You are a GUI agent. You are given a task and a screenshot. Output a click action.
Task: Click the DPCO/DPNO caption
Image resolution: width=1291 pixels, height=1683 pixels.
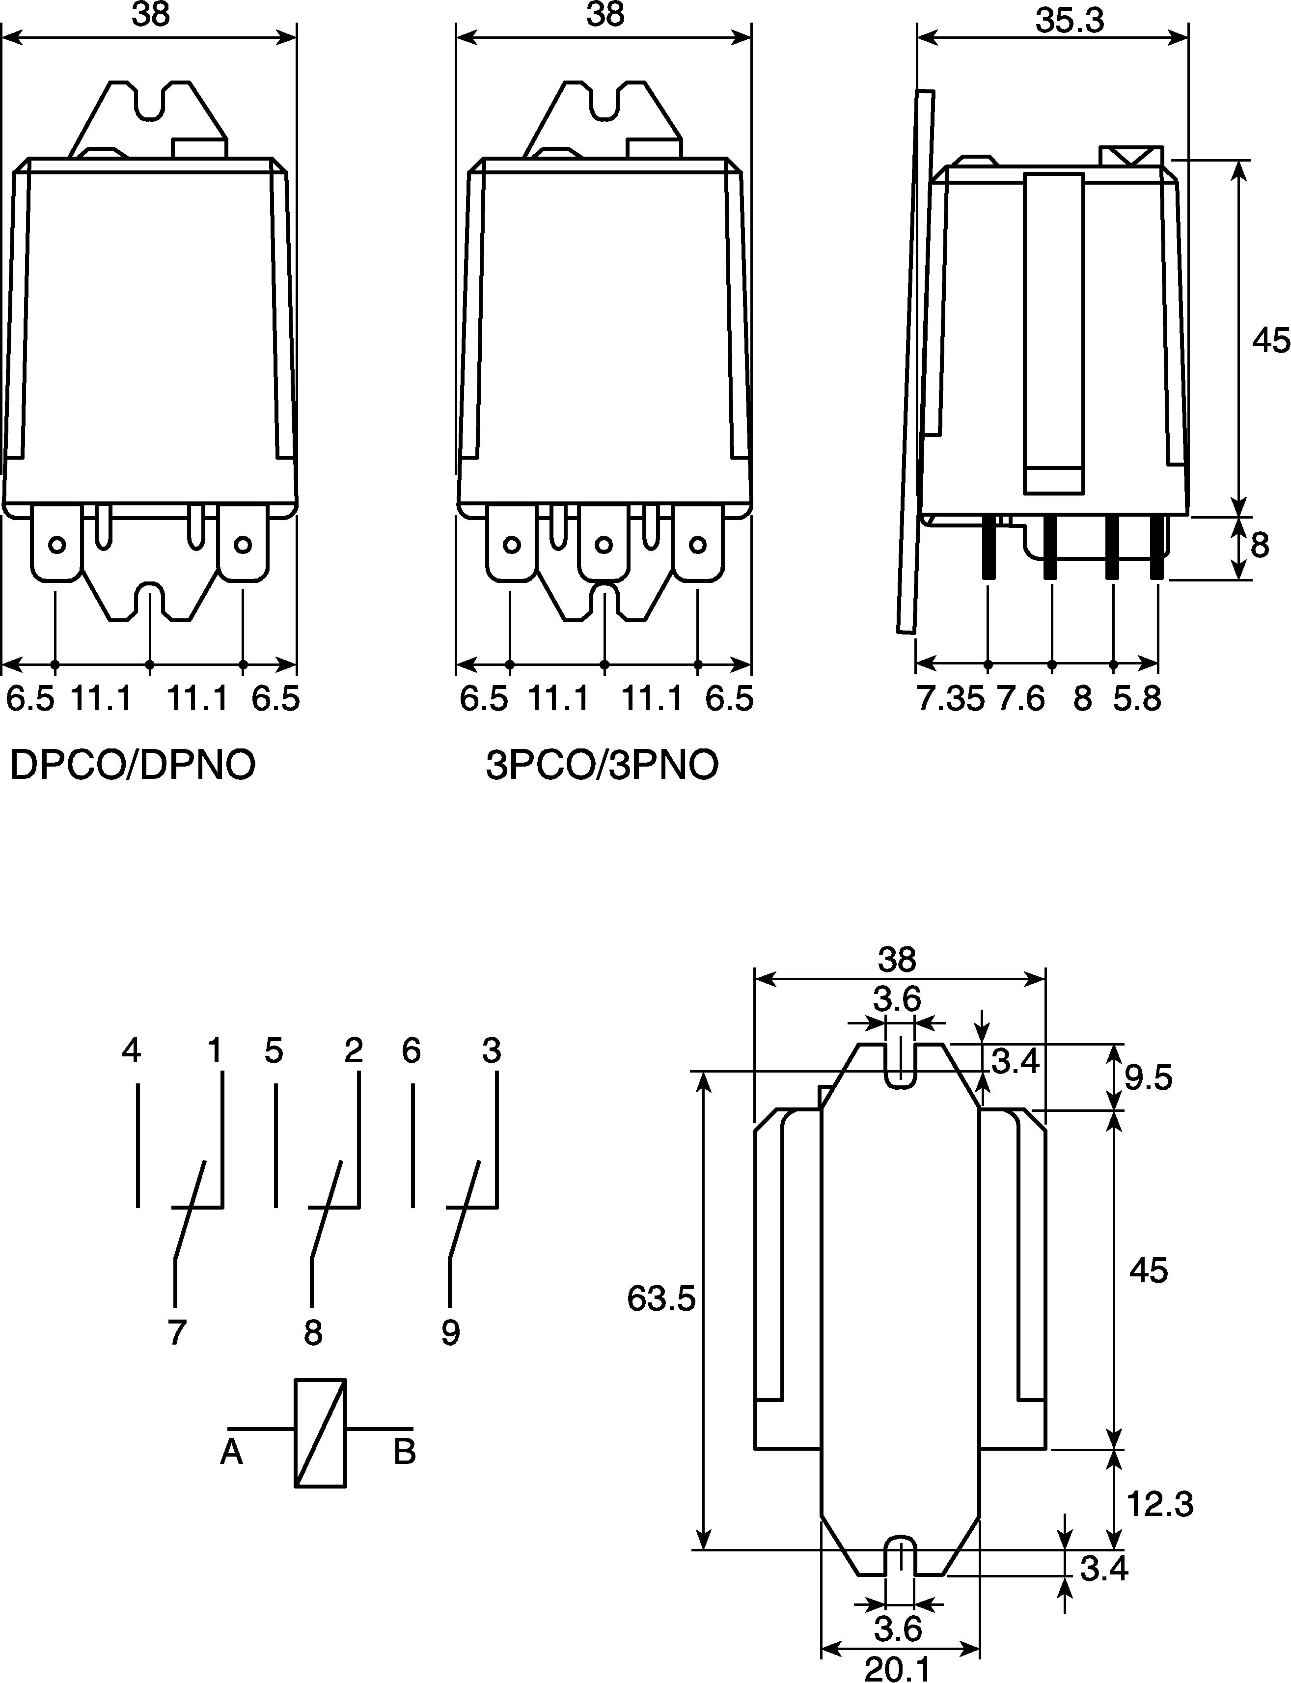[x=132, y=765]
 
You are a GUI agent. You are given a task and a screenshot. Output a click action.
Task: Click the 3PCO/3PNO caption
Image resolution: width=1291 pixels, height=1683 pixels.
[x=602, y=765]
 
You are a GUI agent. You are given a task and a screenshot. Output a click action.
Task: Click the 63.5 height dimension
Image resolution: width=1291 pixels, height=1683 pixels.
[x=661, y=1298]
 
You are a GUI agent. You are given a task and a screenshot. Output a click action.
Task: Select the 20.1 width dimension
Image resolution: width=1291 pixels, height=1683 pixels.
[x=898, y=1668]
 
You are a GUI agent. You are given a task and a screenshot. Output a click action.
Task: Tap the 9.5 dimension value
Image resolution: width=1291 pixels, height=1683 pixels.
[x=1149, y=1078]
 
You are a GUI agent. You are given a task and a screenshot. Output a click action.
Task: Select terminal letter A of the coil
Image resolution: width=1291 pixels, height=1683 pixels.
[x=231, y=1452]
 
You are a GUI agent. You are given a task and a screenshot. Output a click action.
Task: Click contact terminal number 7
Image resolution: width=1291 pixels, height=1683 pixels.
[x=177, y=1332]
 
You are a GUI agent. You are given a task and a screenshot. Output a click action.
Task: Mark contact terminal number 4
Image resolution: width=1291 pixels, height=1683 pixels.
[x=132, y=1050]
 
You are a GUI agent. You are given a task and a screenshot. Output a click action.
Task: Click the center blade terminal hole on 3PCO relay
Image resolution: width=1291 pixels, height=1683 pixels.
[x=604, y=545]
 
